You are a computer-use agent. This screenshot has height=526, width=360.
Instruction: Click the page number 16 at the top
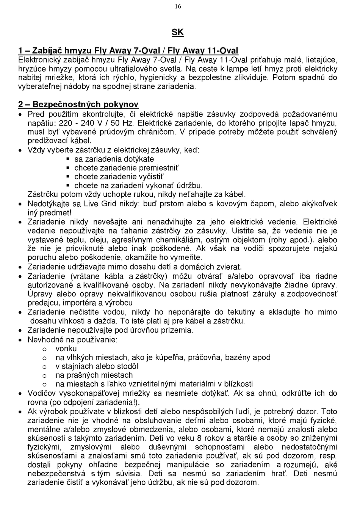coord(178,6)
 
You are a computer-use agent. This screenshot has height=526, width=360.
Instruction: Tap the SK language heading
coord(177,32)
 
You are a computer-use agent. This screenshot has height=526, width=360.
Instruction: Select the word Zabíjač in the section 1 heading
coord(47,51)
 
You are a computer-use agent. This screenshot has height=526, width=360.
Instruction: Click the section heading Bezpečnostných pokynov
coord(85,104)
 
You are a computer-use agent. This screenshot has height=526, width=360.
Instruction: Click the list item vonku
coord(66,349)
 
